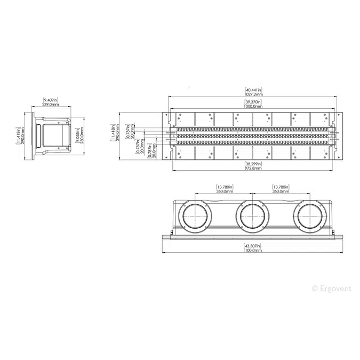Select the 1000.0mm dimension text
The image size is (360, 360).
[253, 106]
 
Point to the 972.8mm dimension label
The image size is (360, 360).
[253, 168]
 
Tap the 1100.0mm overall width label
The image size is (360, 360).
[253, 250]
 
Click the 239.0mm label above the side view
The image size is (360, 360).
[51, 105]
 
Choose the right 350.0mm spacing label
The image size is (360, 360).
[281, 191]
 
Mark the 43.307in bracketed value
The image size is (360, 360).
[253, 245]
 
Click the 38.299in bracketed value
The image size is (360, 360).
[253, 164]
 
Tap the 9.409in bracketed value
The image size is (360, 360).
[51, 100]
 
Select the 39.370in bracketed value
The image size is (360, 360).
[253, 101]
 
